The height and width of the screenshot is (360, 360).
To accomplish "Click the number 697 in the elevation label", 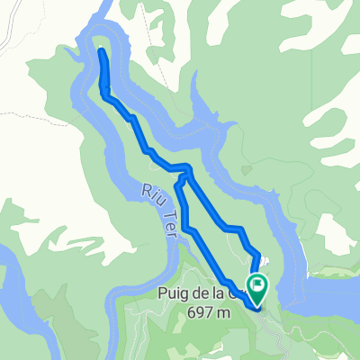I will click(x=205, y=310).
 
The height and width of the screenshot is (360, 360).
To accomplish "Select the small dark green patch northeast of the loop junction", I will click(x=247, y=168).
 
